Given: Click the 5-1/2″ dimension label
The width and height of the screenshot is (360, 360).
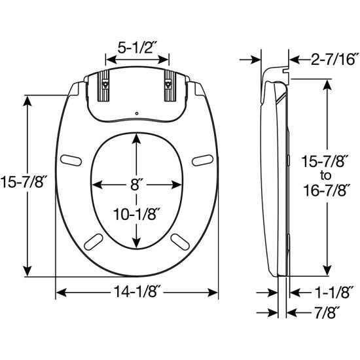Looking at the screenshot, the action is (x=137, y=48).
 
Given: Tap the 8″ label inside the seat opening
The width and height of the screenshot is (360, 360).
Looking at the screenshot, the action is (x=135, y=185).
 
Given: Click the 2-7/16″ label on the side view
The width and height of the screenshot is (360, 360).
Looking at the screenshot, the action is (x=334, y=59).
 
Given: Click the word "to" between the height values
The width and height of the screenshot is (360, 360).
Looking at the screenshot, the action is (x=325, y=175).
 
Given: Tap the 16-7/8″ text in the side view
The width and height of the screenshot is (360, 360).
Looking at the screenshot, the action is (x=327, y=190).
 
